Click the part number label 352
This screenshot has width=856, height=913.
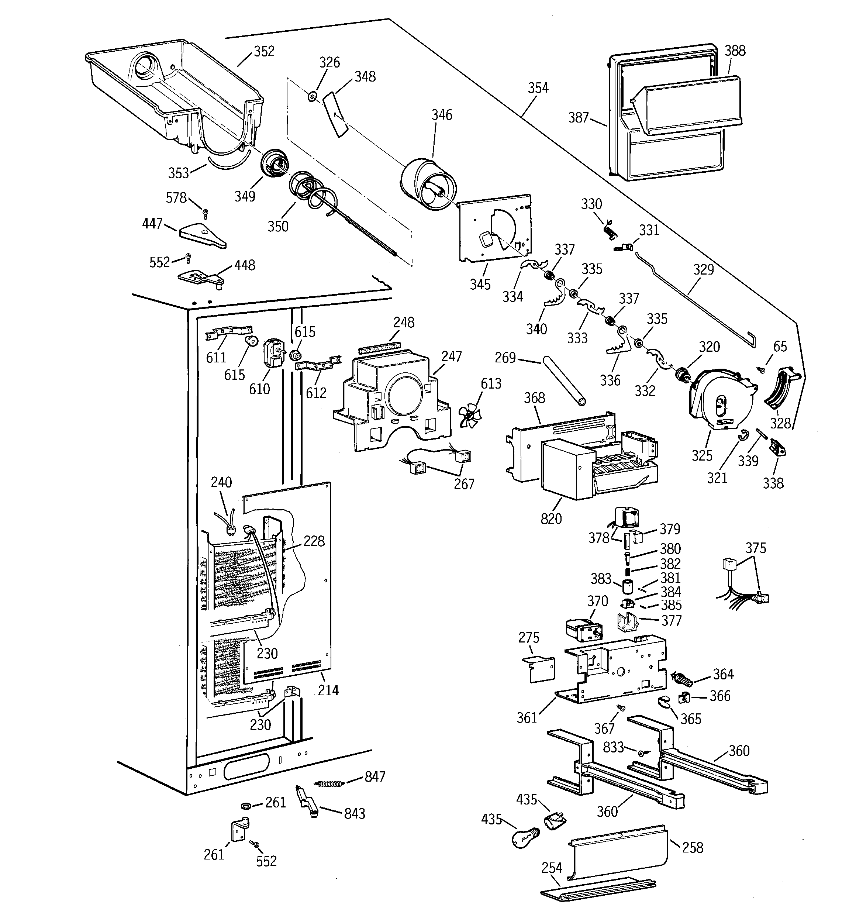[x=264, y=51]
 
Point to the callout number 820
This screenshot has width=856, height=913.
[x=551, y=519]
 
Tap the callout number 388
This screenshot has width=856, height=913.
[x=735, y=51]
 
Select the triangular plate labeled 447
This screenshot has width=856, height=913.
[x=202, y=234]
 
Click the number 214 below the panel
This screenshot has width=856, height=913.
[x=328, y=690]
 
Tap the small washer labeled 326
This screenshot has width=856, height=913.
[x=312, y=96]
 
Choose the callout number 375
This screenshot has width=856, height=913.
[x=755, y=548]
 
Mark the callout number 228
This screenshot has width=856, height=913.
[x=314, y=541]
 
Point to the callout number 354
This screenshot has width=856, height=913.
[x=538, y=88]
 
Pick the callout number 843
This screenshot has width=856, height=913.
[x=355, y=813]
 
